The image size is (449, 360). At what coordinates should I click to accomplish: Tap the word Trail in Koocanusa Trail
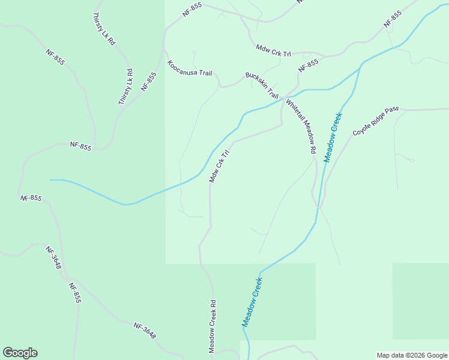pyautogui.click(x=205, y=74)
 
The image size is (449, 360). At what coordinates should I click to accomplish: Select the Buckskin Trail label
pyautogui.click(x=262, y=85)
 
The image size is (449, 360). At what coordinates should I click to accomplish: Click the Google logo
pyautogui.click(x=20, y=353)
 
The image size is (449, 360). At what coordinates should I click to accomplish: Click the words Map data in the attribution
pyautogui.click(x=389, y=355)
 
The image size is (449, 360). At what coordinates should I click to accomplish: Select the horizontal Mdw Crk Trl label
pyautogui.click(x=273, y=50)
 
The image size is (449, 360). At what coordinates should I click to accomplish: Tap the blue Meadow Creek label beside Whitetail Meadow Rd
pyautogui.click(x=333, y=137)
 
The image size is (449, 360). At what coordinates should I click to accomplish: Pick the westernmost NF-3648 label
pyautogui.click(x=54, y=257)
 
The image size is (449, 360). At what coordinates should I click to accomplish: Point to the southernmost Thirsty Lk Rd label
pyautogui.click(x=125, y=88)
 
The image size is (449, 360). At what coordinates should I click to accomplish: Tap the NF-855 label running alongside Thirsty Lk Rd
pyautogui.click(x=148, y=82)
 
